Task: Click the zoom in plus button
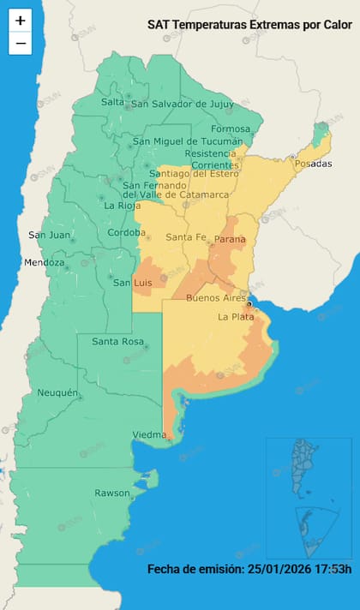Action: tap(21, 21)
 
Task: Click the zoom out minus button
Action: tap(21, 43)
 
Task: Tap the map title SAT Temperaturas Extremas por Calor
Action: tap(249, 26)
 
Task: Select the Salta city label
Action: tap(112, 102)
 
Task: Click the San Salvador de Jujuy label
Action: tap(181, 105)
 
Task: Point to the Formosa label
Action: tap(231, 129)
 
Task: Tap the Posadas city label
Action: tap(312, 164)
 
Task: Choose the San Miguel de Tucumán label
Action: tap(188, 141)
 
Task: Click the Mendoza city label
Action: tap(45, 262)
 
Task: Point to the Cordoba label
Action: tap(126, 233)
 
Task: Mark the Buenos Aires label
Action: tap(216, 298)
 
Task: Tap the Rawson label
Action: tap(112, 493)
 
